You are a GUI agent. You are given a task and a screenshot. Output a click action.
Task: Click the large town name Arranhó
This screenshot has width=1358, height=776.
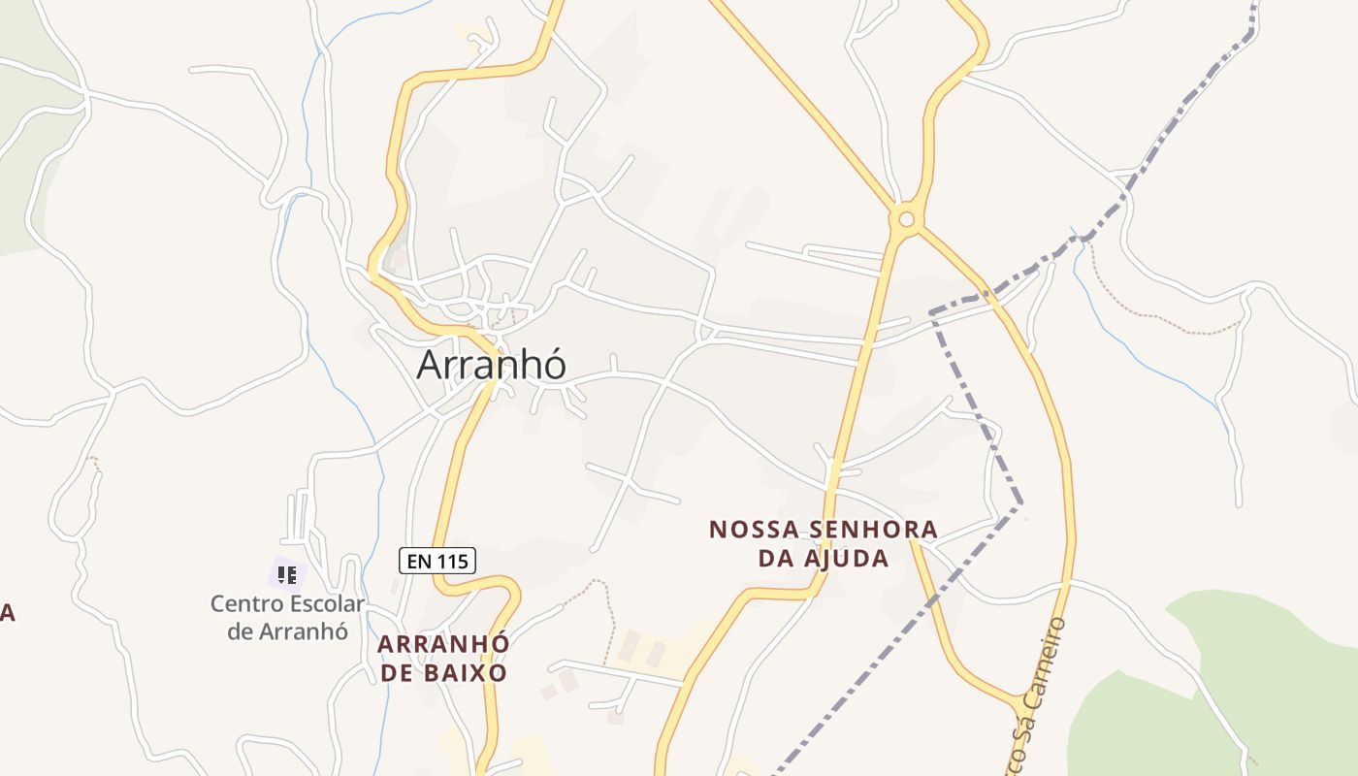click(x=491, y=365)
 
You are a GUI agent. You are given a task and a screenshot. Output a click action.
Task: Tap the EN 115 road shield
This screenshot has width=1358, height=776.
click(x=436, y=561)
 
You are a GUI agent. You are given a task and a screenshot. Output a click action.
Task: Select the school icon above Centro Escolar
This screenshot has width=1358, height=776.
click(x=286, y=575)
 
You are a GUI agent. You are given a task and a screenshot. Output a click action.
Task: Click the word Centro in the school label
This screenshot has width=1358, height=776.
click(x=246, y=604)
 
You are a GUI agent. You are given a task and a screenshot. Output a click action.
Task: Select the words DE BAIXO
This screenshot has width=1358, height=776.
click(x=442, y=672)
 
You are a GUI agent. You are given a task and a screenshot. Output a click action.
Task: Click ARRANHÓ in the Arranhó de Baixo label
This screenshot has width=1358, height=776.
click(x=442, y=644)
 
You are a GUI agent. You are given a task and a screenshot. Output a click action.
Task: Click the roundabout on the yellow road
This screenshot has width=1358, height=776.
click(x=906, y=219)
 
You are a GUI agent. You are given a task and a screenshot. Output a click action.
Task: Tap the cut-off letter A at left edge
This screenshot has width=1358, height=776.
click(x=6, y=613)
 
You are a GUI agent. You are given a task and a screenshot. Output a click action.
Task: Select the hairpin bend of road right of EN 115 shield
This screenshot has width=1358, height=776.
click(x=509, y=586)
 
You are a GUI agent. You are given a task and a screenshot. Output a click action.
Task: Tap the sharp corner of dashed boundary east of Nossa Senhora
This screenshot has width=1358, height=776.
click(x=1019, y=503)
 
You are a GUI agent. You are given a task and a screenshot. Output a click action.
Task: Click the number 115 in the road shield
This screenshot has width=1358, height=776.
click(x=451, y=561)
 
